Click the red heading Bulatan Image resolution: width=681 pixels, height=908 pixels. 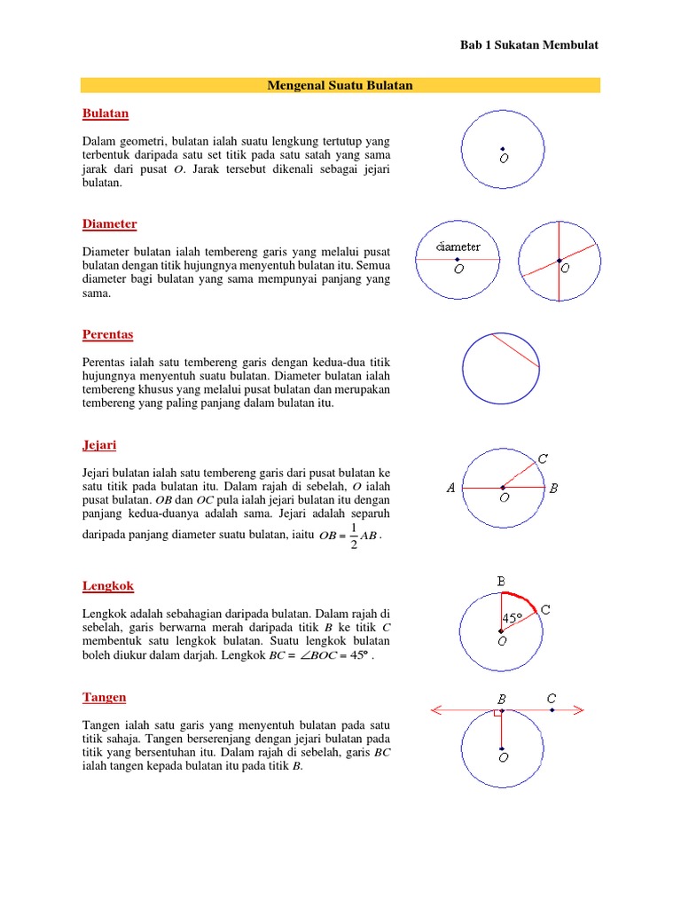(x=106, y=113)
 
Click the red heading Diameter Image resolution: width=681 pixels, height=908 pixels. (x=109, y=224)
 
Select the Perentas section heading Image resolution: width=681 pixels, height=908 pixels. (x=107, y=334)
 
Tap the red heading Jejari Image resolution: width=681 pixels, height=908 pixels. (x=99, y=444)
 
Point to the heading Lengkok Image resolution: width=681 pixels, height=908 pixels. (x=107, y=586)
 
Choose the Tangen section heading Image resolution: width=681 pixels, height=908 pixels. (x=104, y=697)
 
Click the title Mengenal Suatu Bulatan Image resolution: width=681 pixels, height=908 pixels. (x=340, y=85)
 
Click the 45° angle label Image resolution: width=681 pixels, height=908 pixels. (x=513, y=618)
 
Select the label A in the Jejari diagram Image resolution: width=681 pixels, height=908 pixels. (x=450, y=488)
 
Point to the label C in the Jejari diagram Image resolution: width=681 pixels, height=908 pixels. (x=544, y=458)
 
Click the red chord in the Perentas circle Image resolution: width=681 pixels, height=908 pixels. (x=515, y=350)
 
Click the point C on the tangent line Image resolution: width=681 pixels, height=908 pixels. (x=552, y=709)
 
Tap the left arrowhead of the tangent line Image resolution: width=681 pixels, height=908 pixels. (x=434, y=709)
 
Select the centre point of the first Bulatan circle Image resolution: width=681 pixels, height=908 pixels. (x=502, y=148)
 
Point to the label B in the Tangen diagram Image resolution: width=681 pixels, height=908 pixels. (x=501, y=697)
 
